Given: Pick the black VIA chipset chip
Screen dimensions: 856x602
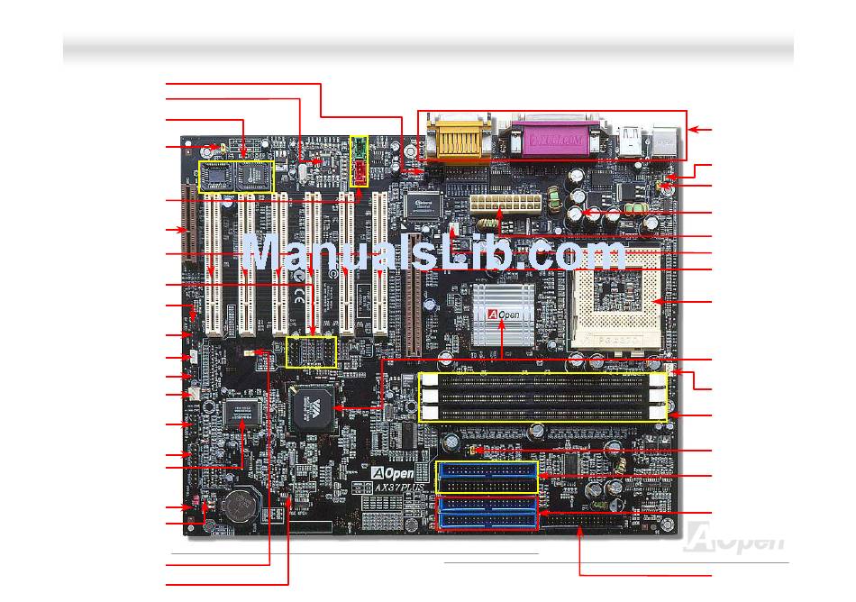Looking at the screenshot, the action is point(312,408).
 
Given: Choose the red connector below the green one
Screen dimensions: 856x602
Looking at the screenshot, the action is point(360,171).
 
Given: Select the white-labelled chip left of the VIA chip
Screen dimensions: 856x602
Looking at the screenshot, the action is point(242,413).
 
